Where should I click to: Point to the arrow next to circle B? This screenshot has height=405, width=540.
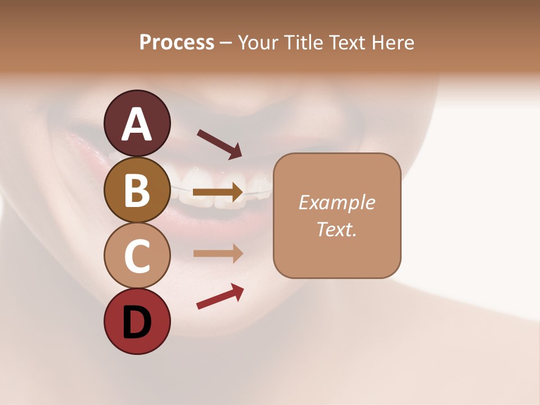click(218, 192)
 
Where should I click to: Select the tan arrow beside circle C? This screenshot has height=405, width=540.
click(218, 253)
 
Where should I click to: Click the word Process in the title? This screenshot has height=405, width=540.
click(177, 43)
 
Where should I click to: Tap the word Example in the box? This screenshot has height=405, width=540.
click(337, 202)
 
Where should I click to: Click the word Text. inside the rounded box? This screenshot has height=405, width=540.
click(337, 229)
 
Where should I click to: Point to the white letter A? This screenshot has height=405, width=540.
click(137, 124)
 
